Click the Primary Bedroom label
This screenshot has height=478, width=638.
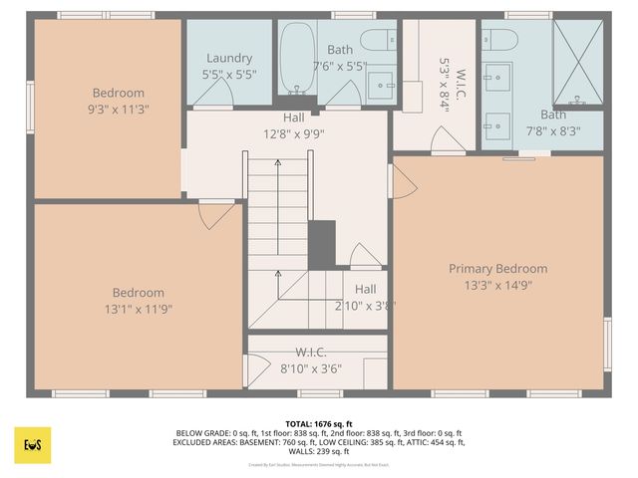[497, 269]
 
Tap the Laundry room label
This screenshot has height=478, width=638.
[229, 59]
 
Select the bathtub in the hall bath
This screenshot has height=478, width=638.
[296, 60]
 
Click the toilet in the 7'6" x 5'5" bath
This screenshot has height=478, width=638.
[378, 40]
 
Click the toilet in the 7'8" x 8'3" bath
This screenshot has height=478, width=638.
[500, 41]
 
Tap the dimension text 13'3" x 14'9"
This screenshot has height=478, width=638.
[497, 286]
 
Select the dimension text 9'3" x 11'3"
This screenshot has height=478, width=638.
[119, 110]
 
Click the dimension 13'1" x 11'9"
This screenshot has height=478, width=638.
[138, 309]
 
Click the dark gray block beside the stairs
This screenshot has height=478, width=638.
[321, 244]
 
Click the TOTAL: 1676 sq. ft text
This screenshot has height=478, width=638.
[319, 424]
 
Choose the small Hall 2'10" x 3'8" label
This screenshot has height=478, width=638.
[365, 289]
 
